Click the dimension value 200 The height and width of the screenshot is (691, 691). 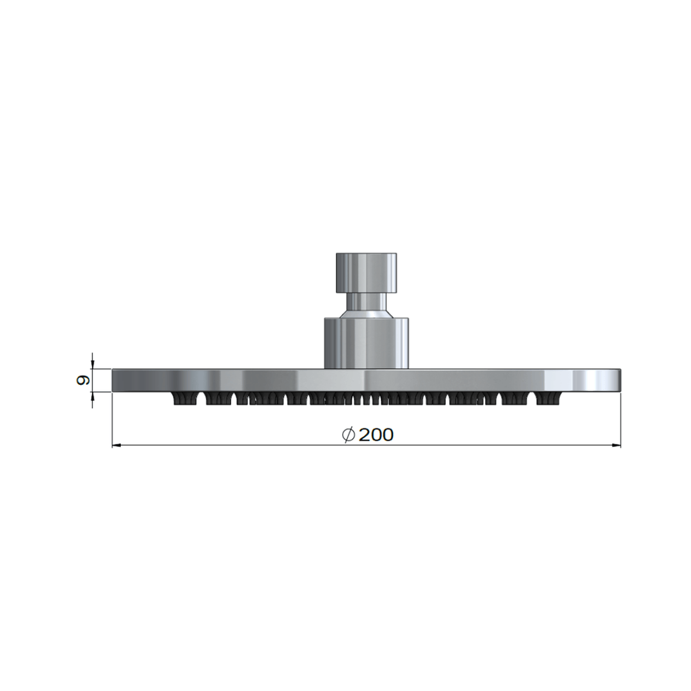pyautogui.click(x=376, y=435)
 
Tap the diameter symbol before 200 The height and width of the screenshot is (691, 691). pyautogui.click(x=348, y=435)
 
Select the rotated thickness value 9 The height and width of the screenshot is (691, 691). pyautogui.click(x=82, y=380)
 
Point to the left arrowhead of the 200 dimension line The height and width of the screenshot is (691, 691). pyautogui.click(x=116, y=446)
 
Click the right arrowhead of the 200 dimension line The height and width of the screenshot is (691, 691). pyautogui.click(x=616, y=446)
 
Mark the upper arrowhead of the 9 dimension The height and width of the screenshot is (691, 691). pyautogui.click(x=92, y=364)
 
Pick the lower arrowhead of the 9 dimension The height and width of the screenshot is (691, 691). pyautogui.click(x=92, y=397)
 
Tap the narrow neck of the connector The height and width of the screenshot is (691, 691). pyautogui.click(x=366, y=301)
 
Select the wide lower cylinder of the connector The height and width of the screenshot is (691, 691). pyautogui.click(x=366, y=343)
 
